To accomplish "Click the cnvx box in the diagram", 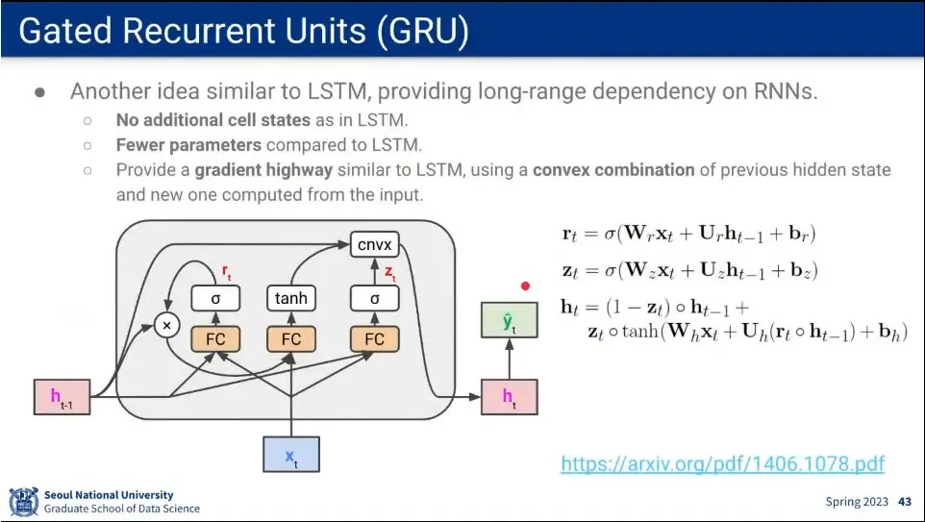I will pyautogui.click(x=375, y=244).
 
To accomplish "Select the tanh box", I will pyautogui.click(x=291, y=298).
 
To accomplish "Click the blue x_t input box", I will pyautogui.click(x=291, y=454).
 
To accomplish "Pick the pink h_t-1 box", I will pyautogui.click(x=62, y=397).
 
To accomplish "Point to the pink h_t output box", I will pyautogui.click(x=509, y=397).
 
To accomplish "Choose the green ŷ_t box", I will pyautogui.click(x=509, y=320).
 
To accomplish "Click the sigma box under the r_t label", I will pyautogui.click(x=215, y=298).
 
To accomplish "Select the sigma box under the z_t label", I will pyautogui.click(x=375, y=298).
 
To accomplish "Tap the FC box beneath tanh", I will pyautogui.click(x=291, y=338).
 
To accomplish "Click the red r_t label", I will pyautogui.click(x=226, y=274).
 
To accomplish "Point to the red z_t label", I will pyautogui.click(x=389, y=273).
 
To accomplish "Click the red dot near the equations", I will pyautogui.click(x=525, y=286).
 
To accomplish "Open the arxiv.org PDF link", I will pyautogui.click(x=722, y=464).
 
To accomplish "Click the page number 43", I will pyautogui.click(x=904, y=502).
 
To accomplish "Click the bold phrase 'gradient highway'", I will pyautogui.click(x=250, y=170).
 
